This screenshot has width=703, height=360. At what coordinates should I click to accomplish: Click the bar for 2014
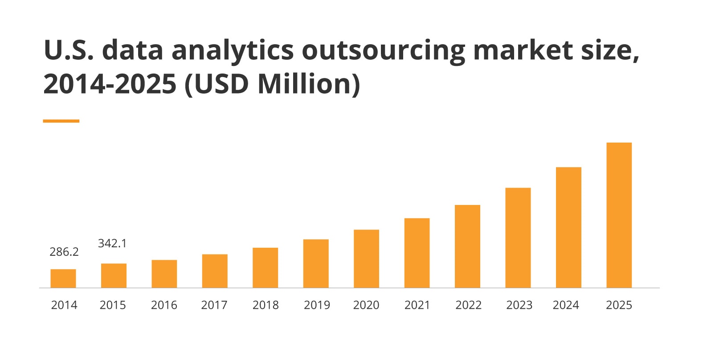(63, 278)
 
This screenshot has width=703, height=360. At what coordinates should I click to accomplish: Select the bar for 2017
(215, 271)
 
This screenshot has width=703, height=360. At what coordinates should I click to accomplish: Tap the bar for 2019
(316, 263)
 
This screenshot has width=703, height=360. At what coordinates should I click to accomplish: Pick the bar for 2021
(417, 253)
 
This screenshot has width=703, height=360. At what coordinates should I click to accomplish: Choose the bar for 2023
(518, 237)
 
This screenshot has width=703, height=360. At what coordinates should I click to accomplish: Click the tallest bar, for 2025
(619, 215)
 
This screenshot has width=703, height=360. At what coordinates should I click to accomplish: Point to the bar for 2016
(164, 274)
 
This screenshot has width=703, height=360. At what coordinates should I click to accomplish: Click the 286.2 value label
(64, 252)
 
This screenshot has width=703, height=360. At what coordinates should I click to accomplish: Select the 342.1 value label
(112, 243)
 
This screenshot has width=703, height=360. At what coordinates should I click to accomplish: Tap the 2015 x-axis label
(113, 305)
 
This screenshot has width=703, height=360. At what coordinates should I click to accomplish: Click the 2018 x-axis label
(266, 305)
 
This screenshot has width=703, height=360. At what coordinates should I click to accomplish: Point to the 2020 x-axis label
(366, 305)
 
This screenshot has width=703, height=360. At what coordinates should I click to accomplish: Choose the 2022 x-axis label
(468, 305)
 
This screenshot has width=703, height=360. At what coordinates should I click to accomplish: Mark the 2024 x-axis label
(566, 305)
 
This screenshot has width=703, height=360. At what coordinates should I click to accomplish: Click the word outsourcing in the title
(384, 51)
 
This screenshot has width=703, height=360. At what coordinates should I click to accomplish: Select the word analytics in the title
(233, 51)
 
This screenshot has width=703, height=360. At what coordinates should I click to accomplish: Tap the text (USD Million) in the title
(272, 84)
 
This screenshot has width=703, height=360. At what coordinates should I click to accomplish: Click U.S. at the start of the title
(69, 50)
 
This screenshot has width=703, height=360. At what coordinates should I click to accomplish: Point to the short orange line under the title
(61, 121)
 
